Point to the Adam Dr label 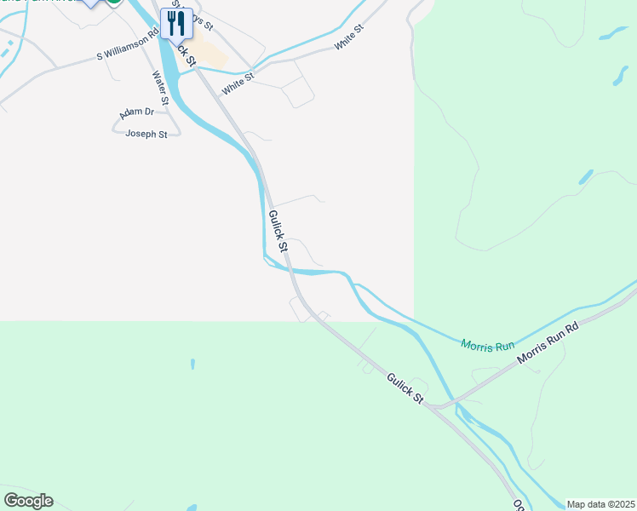tap(136, 112)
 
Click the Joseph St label tap(146, 134)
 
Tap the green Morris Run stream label tap(488, 345)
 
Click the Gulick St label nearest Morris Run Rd tap(405, 388)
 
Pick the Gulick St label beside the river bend tap(278, 231)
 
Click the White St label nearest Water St tap(238, 83)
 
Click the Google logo tap(28, 501)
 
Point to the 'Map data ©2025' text tap(600, 504)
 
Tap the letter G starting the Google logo tap(11, 501)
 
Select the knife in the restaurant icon tap(181, 22)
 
